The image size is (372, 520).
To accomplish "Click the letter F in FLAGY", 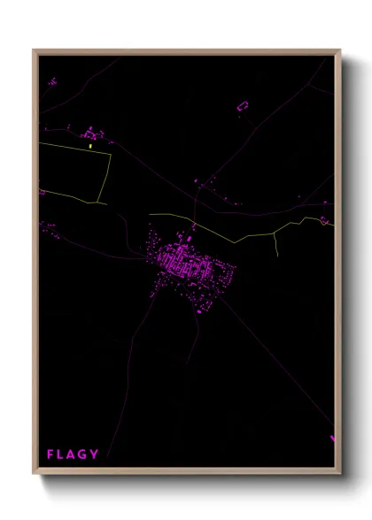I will tap(50, 455).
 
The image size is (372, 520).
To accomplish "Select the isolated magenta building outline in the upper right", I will tap(244, 106).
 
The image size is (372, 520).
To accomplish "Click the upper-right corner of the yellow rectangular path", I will tap(111, 156).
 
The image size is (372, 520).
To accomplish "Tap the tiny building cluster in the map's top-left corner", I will tap(51, 81).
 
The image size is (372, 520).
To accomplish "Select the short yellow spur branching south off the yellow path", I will tap(277, 244).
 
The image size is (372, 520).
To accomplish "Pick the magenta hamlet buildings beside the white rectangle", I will tap(90, 135).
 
